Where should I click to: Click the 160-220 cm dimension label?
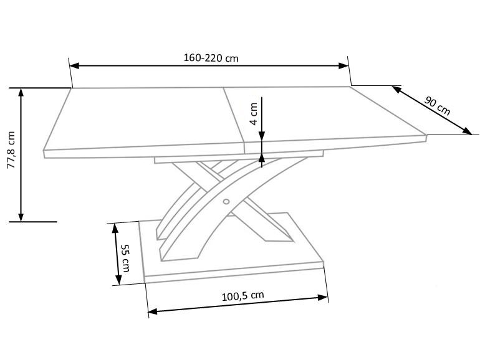(x=211, y=58)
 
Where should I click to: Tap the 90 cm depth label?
(x=437, y=105)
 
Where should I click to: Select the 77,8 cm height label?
(x=11, y=150)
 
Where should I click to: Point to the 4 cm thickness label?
(x=254, y=114)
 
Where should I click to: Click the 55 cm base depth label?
(x=125, y=258)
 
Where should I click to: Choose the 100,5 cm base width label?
(x=242, y=296)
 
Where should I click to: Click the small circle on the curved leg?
(x=226, y=201)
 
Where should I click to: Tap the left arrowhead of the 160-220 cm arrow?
(x=74, y=65)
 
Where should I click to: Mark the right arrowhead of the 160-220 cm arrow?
(x=343, y=65)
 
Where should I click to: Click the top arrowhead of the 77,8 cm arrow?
(x=21, y=92)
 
